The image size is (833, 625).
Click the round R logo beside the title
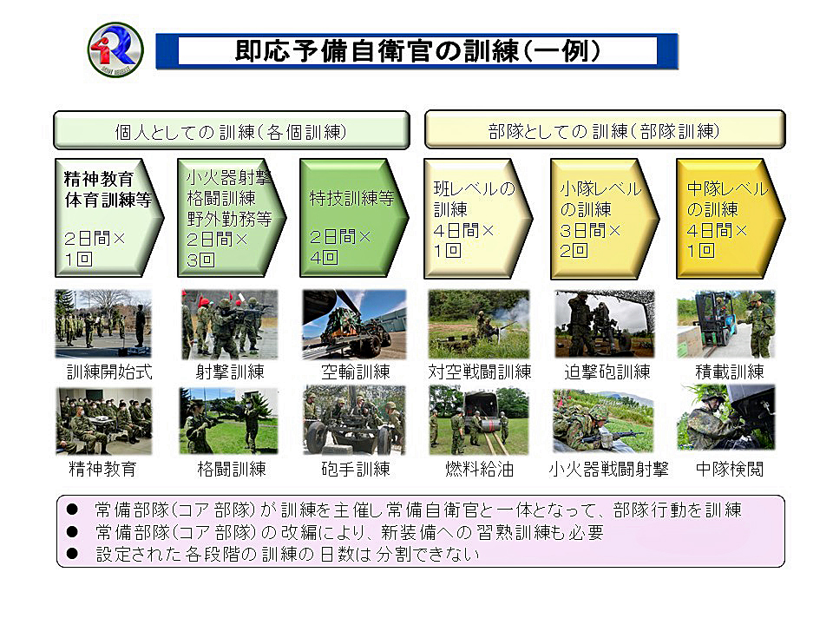coord(115,50)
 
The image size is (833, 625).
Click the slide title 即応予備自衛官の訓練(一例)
coord(417,51)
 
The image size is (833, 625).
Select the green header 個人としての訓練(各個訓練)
coord(232,130)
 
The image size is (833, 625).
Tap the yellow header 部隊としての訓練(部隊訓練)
coord(605,129)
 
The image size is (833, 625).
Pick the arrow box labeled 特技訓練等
coord(354,218)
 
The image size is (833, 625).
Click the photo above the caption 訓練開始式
coord(103,324)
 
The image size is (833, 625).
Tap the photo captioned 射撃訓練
coord(229,324)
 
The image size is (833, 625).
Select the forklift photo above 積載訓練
coord(725,324)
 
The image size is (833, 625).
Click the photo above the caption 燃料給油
coord(479,420)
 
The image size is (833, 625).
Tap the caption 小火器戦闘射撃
coord(608,469)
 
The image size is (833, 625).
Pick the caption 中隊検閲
coord(730,469)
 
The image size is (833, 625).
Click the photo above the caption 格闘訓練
coord(229,420)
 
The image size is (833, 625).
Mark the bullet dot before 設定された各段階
coord(72,554)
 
